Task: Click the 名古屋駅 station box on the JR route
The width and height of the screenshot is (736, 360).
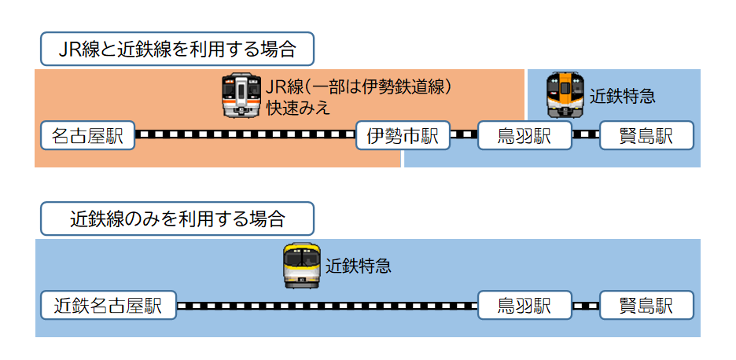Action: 87,135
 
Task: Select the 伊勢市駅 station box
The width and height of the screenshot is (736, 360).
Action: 403,135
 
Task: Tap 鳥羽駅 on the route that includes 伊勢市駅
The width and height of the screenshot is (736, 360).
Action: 524,135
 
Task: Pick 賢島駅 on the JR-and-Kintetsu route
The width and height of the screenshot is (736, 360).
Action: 646,135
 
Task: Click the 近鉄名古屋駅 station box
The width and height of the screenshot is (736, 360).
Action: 108,305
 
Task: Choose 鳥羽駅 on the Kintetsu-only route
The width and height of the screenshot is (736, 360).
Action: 524,305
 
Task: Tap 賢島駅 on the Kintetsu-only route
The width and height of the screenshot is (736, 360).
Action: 646,305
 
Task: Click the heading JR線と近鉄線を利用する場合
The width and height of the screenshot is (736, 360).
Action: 177,50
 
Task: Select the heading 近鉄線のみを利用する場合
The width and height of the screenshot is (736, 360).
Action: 177,219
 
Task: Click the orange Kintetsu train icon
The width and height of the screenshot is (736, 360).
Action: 565,94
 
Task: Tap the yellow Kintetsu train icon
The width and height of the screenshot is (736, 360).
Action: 302,266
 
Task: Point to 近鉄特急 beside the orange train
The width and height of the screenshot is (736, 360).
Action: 622,97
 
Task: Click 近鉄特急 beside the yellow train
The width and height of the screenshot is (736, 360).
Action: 358,266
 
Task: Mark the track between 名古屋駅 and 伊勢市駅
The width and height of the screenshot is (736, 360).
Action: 245,134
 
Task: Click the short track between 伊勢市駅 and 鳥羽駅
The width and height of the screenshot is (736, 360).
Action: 463,134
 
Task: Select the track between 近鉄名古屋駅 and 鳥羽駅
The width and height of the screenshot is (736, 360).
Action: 326,305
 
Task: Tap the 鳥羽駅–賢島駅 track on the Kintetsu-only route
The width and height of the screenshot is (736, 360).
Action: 586,305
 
